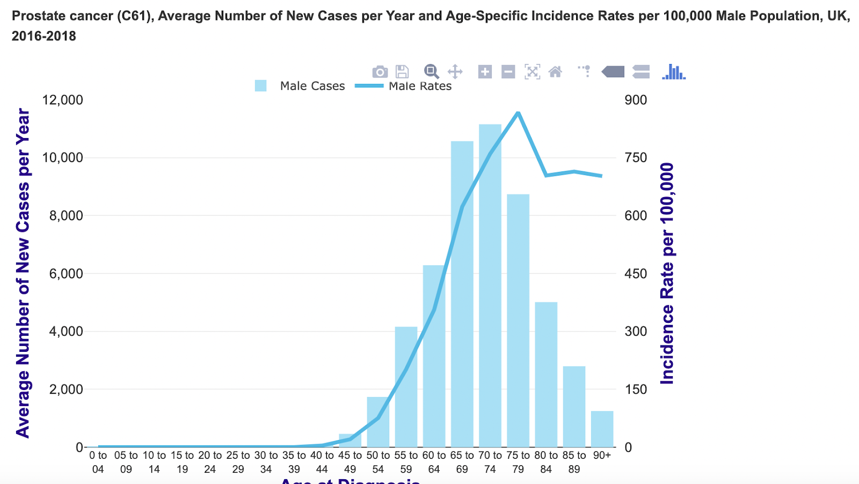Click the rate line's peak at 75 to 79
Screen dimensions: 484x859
(518, 112)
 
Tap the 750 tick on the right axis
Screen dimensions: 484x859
(636, 158)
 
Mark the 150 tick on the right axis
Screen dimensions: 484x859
(636, 389)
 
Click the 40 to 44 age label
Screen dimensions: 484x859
(322, 462)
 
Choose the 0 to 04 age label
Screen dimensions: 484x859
(98, 462)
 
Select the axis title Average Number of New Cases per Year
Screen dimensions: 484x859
(23, 273)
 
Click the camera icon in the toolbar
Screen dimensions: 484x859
(380, 71)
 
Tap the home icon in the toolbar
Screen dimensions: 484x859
(555, 71)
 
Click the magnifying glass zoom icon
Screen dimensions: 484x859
(431, 71)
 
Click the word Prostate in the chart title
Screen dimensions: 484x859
(35, 16)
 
